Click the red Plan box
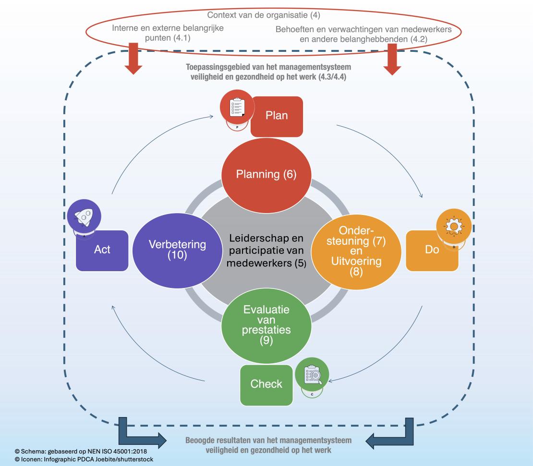click(x=277, y=116)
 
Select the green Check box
click(x=266, y=384)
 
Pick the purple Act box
click(x=102, y=250)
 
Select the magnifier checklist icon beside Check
click(x=312, y=375)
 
